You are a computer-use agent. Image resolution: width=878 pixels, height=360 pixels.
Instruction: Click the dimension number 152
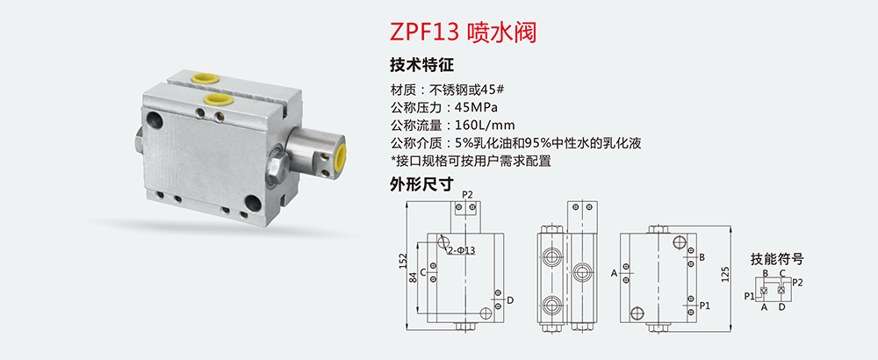(x=402, y=260)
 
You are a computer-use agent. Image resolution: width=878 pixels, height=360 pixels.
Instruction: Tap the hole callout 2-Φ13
(x=463, y=250)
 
